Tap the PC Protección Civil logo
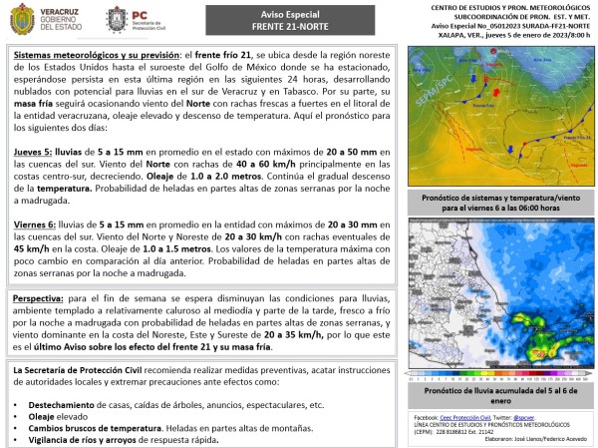[148, 19]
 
